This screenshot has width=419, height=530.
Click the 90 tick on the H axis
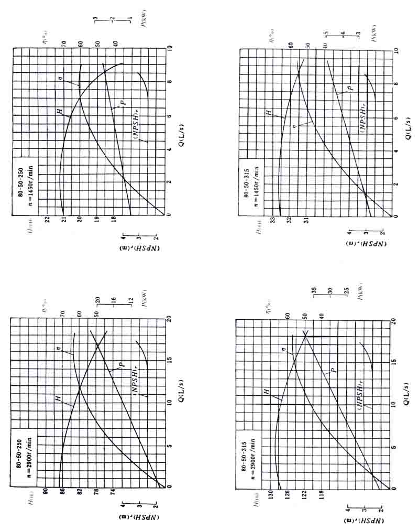pyautogui.click(x=45, y=492)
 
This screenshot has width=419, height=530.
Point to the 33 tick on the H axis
pyautogui.click(x=272, y=221)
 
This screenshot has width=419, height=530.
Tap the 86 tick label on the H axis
pyautogui.click(x=62, y=492)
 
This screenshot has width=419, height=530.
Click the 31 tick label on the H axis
pyautogui.click(x=306, y=221)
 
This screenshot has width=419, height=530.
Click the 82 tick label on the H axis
pyautogui.click(x=79, y=492)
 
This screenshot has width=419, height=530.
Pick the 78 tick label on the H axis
pyautogui.click(x=96, y=492)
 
